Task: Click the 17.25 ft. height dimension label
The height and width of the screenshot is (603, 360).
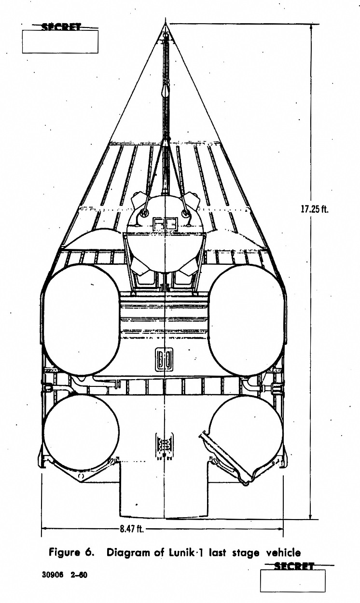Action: [x=315, y=209]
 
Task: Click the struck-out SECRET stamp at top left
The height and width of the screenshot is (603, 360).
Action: [x=61, y=27]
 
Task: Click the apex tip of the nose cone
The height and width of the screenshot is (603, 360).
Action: [x=166, y=24]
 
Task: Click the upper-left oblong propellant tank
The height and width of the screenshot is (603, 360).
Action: [x=82, y=320]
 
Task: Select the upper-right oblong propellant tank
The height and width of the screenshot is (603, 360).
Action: [x=246, y=320]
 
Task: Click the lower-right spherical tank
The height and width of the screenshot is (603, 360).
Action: [x=246, y=432]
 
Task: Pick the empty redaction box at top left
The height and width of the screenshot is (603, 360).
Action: [x=60, y=41]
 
